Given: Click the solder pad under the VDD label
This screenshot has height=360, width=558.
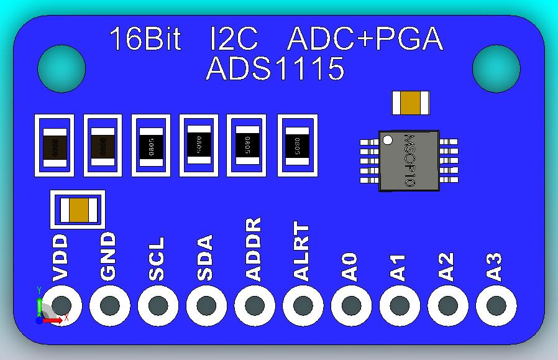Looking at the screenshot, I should tap(62, 305).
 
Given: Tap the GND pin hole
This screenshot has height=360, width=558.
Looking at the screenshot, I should tap(110, 305).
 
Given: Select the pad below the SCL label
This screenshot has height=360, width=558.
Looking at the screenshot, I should tap(158, 305).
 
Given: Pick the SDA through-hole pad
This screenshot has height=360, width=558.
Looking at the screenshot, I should tap(206, 305).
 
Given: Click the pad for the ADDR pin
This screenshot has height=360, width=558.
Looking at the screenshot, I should tap(255, 305).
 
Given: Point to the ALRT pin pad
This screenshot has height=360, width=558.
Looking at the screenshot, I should tap(303, 305).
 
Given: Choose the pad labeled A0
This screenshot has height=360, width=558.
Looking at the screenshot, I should tap(351, 305).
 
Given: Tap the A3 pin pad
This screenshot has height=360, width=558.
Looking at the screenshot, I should tap(496, 305).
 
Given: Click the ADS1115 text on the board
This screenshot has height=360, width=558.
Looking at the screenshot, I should tap(275, 69).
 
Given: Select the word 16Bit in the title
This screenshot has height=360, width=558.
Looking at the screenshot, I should tap(145, 39).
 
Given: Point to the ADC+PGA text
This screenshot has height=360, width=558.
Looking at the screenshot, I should tap(365, 39).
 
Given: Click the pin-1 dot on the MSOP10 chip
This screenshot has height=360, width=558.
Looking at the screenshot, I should tap(387, 140).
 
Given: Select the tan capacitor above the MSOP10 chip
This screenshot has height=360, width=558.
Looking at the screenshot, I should tap(411, 103).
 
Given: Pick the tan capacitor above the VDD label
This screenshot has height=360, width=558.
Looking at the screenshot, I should tap(78, 210).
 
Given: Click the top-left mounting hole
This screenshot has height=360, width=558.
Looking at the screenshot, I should tap(61, 67).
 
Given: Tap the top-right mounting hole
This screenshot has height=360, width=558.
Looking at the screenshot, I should tap(495, 67).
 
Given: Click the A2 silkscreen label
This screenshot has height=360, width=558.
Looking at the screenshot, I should tap(447, 266).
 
